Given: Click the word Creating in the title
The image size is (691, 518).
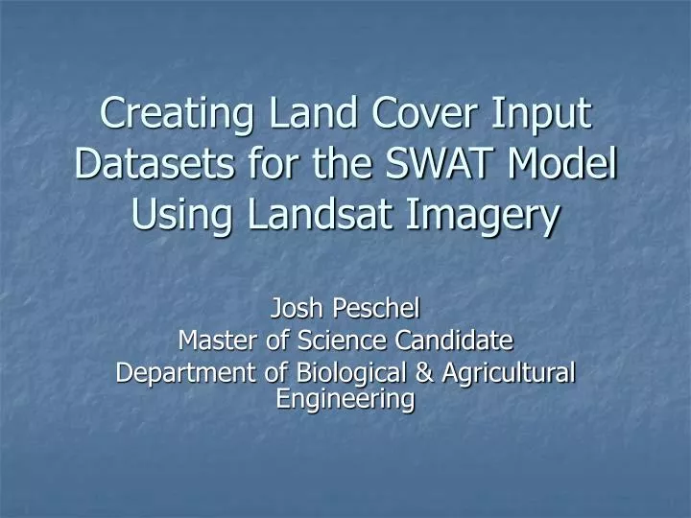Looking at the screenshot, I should pyautogui.click(x=171, y=115).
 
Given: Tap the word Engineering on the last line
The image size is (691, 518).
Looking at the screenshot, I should pyautogui.click(x=345, y=398).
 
